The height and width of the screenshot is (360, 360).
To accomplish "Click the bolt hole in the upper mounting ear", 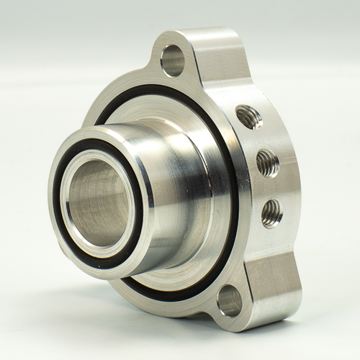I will (x=173, y=60).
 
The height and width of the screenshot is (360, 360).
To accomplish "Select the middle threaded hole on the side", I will (x=267, y=162).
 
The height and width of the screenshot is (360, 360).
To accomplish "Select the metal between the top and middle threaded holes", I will (x=258, y=140).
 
